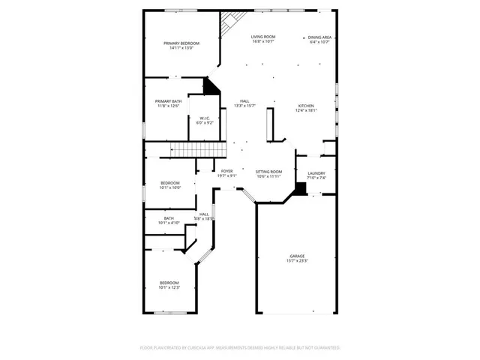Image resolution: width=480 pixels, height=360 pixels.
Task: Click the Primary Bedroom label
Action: (x=181, y=43)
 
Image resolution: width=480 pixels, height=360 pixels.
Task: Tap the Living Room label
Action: (x=262, y=37)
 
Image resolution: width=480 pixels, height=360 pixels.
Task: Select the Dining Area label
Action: (x=320, y=37)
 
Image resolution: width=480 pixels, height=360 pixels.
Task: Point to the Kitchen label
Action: (x=306, y=106)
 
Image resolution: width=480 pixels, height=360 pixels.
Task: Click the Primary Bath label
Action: (x=168, y=101)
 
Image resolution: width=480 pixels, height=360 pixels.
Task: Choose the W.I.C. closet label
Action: (x=205, y=118)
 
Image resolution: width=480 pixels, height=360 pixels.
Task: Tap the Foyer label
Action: (x=227, y=172)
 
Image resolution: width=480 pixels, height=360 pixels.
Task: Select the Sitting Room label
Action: (x=268, y=172)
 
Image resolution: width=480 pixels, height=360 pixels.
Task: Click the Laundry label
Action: (x=316, y=173)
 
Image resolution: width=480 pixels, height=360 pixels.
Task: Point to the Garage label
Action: (x=298, y=256)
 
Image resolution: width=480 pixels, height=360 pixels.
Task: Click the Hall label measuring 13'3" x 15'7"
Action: (x=244, y=101)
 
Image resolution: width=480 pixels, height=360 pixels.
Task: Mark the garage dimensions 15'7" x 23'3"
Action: (x=298, y=261)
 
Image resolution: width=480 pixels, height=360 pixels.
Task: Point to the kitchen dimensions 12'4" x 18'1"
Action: (x=306, y=110)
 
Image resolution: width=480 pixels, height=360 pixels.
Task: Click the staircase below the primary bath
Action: (x=185, y=149)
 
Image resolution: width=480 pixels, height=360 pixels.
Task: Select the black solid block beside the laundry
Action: (x=300, y=189)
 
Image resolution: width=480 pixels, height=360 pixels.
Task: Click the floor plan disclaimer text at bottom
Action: (x=240, y=347)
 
